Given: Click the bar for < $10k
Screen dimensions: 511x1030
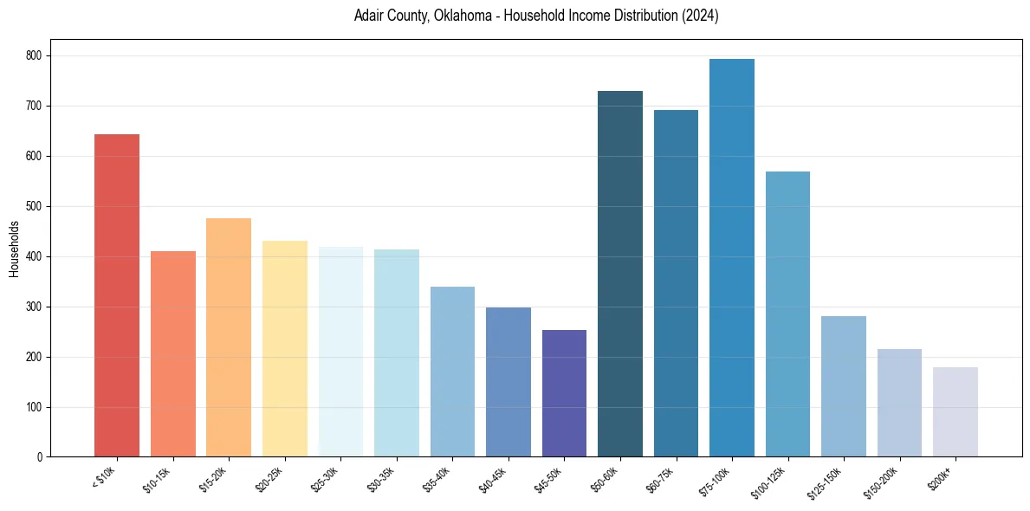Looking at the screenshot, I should click(117, 295).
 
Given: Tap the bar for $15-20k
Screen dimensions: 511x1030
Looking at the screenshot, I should click(229, 337).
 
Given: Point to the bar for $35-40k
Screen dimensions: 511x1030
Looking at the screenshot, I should click(452, 372).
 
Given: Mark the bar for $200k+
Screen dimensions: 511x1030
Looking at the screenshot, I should click(956, 411).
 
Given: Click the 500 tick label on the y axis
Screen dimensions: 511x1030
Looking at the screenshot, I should click(37, 206).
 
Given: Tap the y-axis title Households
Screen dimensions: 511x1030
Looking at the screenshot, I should click(15, 248).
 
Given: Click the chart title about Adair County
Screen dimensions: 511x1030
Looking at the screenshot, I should click(536, 16).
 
